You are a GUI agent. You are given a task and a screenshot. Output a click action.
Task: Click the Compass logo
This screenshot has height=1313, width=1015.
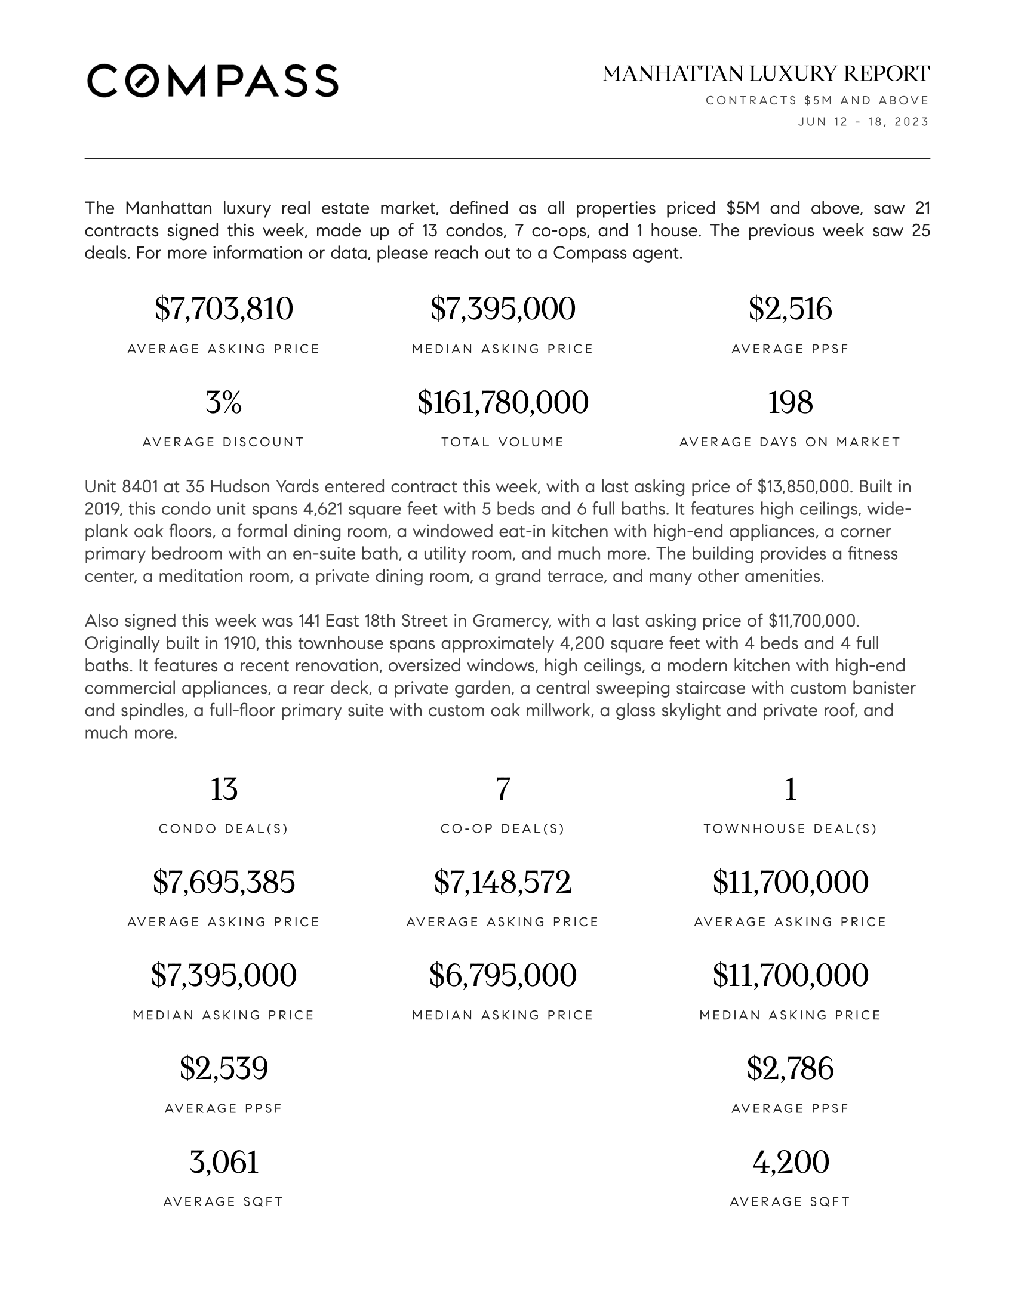pyautogui.click(x=213, y=81)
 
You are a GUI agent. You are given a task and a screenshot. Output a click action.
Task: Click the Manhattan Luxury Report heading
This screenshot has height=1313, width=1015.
pyautogui.click(x=765, y=74)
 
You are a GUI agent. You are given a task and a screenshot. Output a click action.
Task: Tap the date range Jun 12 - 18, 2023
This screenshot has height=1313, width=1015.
pyautogui.click(x=863, y=122)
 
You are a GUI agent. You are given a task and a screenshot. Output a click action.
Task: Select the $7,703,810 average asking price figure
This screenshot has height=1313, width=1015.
pyautogui.click(x=224, y=309)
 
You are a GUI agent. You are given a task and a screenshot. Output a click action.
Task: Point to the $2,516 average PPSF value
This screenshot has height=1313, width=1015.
pyautogui.click(x=790, y=309)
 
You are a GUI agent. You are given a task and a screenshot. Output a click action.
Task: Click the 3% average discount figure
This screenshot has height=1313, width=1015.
pyautogui.click(x=224, y=402)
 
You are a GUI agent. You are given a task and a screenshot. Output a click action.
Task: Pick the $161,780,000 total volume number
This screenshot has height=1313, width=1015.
pyautogui.click(x=503, y=402)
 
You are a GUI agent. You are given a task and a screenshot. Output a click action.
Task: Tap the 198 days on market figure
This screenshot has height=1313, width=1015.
pyautogui.click(x=790, y=402)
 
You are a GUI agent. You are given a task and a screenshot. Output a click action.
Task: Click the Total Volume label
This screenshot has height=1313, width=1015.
pyautogui.click(x=503, y=442)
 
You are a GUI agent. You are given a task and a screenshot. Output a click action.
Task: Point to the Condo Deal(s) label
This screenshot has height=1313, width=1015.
pyautogui.click(x=224, y=829)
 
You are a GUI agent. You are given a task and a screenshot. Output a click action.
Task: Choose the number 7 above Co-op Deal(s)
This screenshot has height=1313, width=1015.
pyautogui.click(x=503, y=790)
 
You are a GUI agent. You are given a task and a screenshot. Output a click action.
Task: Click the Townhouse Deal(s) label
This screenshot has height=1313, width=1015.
pyautogui.click(x=790, y=829)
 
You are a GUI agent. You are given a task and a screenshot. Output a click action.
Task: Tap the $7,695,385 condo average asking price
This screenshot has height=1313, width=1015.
pyautogui.click(x=224, y=883)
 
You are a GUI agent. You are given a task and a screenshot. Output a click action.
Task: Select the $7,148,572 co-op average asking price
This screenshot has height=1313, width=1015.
pyautogui.click(x=503, y=883)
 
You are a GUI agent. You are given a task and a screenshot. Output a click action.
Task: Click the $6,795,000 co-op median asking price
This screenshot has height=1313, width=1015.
pyautogui.click(x=503, y=976)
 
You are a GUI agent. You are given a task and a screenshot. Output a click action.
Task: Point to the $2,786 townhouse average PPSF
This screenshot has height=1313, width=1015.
pyautogui.click(x=790, y=1069)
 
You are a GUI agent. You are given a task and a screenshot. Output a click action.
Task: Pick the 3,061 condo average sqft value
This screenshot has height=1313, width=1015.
pyautogui.click(x=224, y=1162)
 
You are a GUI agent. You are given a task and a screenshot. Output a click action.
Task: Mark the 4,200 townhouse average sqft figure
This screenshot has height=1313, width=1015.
pyautogui.click(x=790, y=1162)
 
